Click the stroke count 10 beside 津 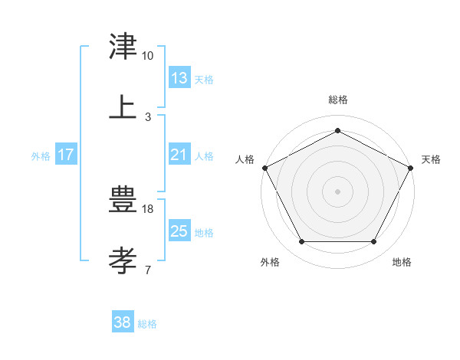(x=147, y=56)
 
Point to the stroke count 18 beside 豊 (x=149, y=208)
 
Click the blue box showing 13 (x=179, y=78)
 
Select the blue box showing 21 (x=179, y=155)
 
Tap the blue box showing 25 (x=179, y=231)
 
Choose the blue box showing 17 (x=65, y=155)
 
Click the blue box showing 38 (x=122, y=322)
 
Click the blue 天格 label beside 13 (x=203, y=80)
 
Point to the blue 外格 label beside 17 (x=40, y=156)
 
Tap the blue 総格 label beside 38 (x=146, y=324)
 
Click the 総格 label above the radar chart (x=337, y=100)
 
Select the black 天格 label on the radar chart (x=431, y=159)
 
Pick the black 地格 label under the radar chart (x=401, y=262)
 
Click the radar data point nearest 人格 (x=264, y=167)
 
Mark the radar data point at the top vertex (x=337, y=129)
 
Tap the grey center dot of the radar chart (x=337, y=191)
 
